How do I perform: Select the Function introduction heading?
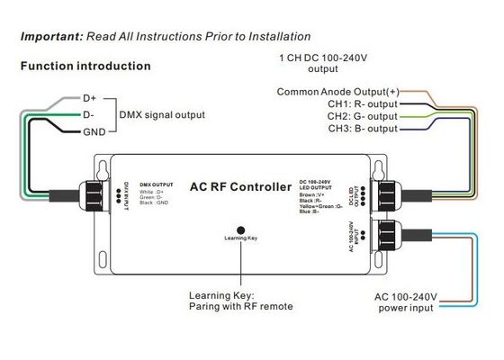click(85, 67)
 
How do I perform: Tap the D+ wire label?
click(91, 96)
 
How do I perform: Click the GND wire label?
click(94, 132)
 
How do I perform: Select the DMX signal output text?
click(162, 114)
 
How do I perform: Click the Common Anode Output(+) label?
click(337, 92)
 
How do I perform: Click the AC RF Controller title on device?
click(241, 186)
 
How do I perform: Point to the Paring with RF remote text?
click(241, 306)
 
